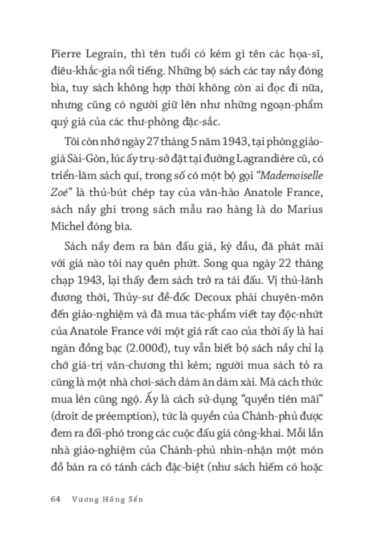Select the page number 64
coord(56,486)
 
